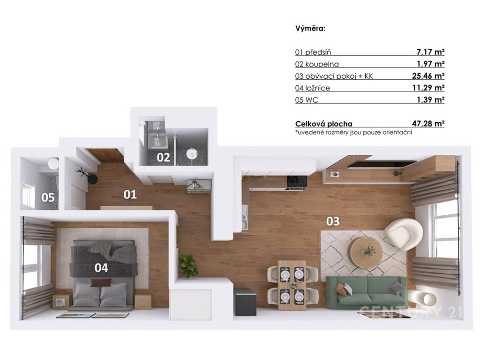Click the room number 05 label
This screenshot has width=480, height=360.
coord(48,197)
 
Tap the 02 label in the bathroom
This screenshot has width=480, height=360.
coord(163,157)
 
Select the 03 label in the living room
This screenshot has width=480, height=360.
coord(332,221)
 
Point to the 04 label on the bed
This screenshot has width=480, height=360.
coord(101,268)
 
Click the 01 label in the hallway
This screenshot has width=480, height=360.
coord(130,194)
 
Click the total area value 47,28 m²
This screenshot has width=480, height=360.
coord(428,124)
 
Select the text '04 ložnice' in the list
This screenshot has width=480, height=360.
coord(313,88)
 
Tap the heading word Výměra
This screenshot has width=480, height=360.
coord(310,28)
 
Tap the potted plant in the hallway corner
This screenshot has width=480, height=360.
coord(188,264)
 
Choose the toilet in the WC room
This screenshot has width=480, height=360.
coord(53,164)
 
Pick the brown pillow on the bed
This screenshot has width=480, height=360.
coord(101,283)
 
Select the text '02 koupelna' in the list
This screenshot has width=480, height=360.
coord(317,64)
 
